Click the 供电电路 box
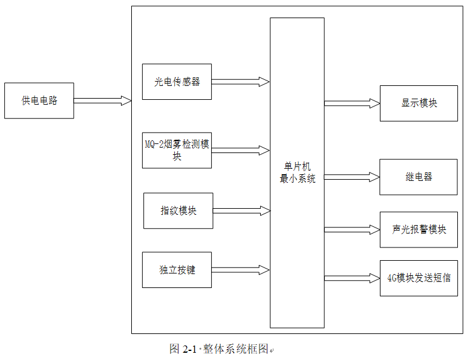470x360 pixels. click(39, 100)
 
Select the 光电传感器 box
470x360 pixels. click(177, 82)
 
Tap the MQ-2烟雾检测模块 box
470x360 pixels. click(177, 150)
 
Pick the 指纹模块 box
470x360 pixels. click(178, 211)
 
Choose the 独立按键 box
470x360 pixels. click(177, 270)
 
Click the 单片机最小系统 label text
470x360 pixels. click(297, 172)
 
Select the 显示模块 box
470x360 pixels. click(419, 103)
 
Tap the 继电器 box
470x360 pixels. click(419, 177)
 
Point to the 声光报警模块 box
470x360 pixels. click(419, 230)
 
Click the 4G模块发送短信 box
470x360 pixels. click(419, 278)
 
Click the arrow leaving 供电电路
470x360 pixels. click(102, 100)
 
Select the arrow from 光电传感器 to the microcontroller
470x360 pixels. click(240, 82)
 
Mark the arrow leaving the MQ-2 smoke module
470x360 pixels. click(240, 150)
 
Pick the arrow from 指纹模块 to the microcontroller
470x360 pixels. click(241, 211)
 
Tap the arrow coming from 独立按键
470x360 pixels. click(240, 270)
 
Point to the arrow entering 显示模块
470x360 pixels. click(351, 103)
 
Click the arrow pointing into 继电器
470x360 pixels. click(351, 177)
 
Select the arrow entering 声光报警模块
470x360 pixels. click(351, 230)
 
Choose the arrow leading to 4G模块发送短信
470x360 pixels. click(351, 278)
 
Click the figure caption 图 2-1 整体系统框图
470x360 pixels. click(219, 349)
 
